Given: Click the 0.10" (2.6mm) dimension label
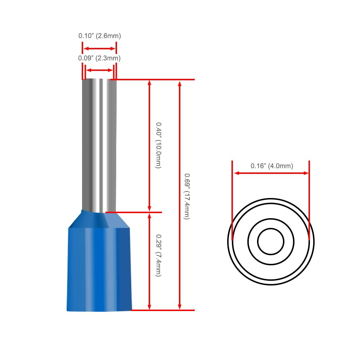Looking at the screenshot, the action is [x=100, y=36].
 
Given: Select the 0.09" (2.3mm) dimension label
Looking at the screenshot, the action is [x=99, y=58].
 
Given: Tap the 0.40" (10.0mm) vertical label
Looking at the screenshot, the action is [x=158, y=145].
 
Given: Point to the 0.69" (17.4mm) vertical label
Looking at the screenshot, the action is [x=187, y=197].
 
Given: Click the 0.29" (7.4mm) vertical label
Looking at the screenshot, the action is [x=158, y=255].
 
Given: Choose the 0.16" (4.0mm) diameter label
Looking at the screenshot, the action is [x=272, y=166].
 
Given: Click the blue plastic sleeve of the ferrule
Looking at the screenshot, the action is [x=99, y=262].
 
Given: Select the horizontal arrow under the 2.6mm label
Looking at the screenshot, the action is [x=99, y=49].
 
